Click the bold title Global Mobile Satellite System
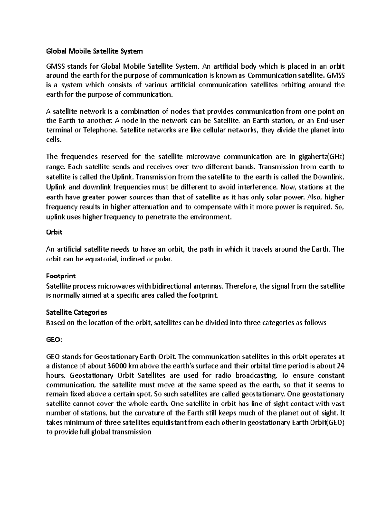94,51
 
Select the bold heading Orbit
54,232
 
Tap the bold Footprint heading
61,276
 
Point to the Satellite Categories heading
77,312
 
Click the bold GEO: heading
53,340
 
